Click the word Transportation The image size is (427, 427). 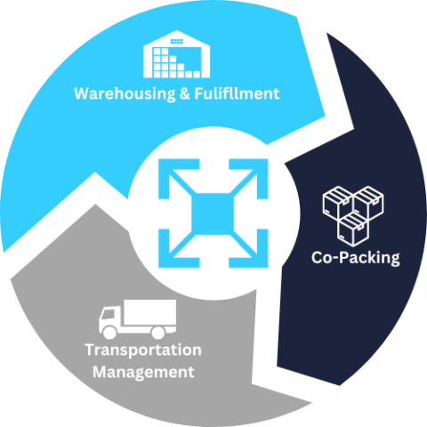pos(142,350)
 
